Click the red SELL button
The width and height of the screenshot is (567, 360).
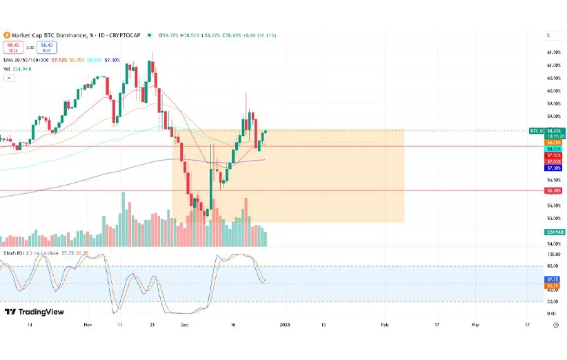point(12,47)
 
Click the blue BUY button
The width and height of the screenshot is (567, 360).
point(47,47)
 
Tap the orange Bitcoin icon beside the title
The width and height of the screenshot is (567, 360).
point(6,34)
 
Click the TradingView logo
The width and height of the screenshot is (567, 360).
point(34,312)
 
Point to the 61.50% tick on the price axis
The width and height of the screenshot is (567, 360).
point(553,52)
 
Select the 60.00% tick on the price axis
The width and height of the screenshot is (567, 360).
point(553,90)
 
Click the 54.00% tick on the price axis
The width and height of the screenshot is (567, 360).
point(553,244)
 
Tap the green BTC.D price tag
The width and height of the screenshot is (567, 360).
point(537,130)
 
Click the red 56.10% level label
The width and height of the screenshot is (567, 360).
point(553,190)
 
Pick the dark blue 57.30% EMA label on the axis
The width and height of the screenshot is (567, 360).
point(553,168)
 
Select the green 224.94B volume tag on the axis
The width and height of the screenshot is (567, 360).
point(555,232)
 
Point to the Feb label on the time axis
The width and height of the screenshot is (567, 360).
point(385,324)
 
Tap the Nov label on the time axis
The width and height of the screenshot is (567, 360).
point(87,324)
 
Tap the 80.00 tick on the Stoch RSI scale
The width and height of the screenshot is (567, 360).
point(553,266)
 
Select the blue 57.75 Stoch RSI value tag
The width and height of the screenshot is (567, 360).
point(553,279)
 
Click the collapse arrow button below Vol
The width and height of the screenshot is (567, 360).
point(8,78)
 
